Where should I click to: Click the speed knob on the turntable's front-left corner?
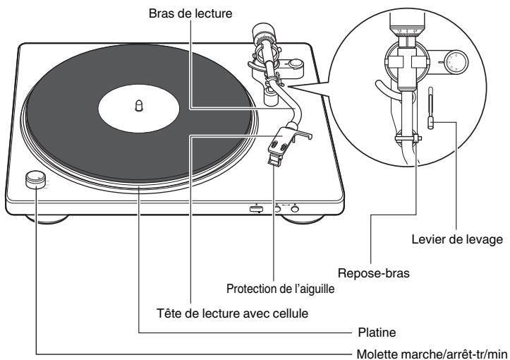click(35, 180)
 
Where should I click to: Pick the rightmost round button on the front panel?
click(295, 208)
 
